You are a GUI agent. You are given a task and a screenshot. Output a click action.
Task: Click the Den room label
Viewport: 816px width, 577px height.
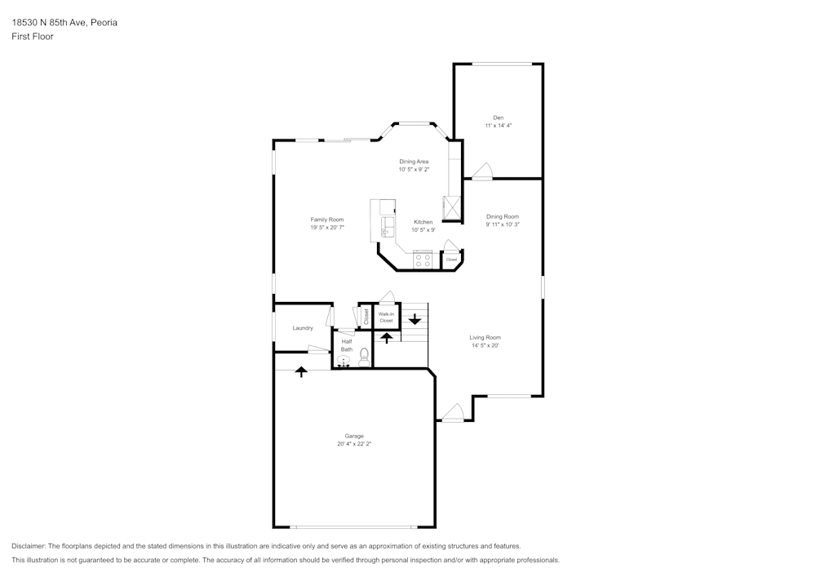point(498,118)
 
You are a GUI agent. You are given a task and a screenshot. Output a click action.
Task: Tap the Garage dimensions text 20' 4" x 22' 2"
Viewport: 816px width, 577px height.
point(354,444)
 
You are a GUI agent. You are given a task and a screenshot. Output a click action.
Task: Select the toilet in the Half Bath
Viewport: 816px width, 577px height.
point(364,357)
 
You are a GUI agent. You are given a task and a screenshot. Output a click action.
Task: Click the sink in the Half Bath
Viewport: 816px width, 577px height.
point(344,360)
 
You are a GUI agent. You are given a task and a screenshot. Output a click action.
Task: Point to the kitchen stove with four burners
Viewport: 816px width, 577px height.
point(423,260)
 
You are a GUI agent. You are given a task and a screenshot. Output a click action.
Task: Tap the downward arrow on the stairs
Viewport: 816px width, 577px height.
point(415,319)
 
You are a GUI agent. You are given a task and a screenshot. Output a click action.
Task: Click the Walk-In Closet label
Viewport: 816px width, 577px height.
point(386,317)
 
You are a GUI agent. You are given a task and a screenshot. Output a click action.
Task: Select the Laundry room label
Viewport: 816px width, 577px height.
point(303,328)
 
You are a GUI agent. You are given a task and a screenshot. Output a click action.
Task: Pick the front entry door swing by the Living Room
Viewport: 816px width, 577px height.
point(453,413)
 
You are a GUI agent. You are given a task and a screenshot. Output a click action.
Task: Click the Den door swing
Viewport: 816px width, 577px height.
point(482,171)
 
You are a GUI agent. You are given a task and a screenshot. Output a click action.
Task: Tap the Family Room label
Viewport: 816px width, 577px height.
point(326,220)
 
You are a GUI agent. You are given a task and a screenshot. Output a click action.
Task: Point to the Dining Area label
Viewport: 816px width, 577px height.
point(414,162)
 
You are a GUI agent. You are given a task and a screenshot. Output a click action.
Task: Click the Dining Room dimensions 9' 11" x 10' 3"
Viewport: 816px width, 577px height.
point(503,224)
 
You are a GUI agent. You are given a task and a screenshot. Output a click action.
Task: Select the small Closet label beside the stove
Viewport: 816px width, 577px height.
point(451,260)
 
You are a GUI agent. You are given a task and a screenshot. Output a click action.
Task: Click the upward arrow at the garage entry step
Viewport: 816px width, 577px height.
point(301,371)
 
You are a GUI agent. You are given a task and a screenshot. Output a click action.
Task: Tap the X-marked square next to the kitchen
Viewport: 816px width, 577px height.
point(452,208)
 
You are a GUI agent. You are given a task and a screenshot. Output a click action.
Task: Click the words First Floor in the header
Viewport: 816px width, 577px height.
point(33,37)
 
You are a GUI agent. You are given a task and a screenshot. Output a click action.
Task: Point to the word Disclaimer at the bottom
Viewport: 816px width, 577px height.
point(29,546)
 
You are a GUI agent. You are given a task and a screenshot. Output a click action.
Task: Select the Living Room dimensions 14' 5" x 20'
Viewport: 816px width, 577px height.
point(485,345)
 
